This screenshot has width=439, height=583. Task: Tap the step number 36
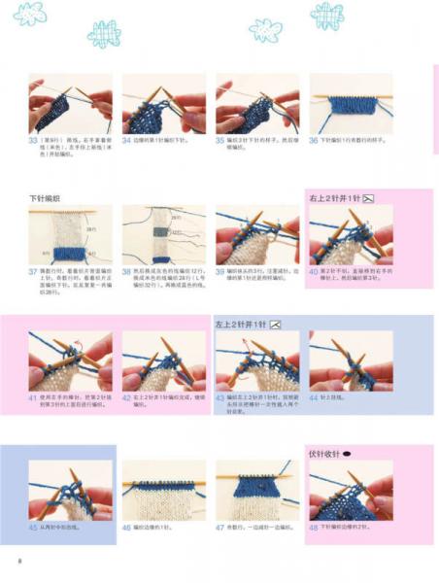pos(314,140)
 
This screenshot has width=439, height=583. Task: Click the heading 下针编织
pos(47,198)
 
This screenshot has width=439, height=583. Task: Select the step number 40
pos(314,271)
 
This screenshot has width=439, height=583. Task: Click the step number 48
pos(314,527)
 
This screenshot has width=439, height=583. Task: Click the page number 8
pos(19,561)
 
